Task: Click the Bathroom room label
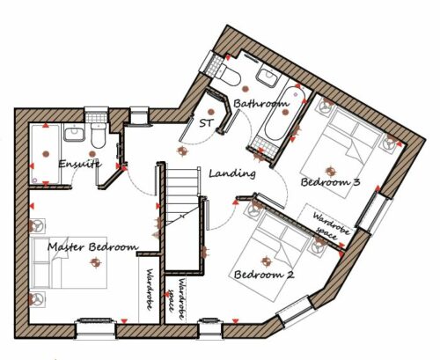click(261, 103)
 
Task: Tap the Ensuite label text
click(80, 164)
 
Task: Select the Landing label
click(232, 173)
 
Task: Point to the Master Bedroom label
click(93, 246)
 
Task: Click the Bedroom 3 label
click(330, 182)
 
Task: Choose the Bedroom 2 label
click(264, 275)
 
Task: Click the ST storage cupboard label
click(207, 123)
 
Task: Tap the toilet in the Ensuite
click(99, 136)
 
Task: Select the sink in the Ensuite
click(75, 133)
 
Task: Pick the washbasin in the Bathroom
click(268, 77)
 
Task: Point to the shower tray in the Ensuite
click(46, 154)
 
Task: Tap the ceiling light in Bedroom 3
click(331, 171)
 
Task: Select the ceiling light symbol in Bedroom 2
click(266, 261)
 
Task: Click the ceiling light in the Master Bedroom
click(95, 263)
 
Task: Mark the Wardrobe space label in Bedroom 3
click(330, 226)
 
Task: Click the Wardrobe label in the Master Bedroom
click(150, 290)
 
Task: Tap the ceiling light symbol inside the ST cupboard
click(210, 112)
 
